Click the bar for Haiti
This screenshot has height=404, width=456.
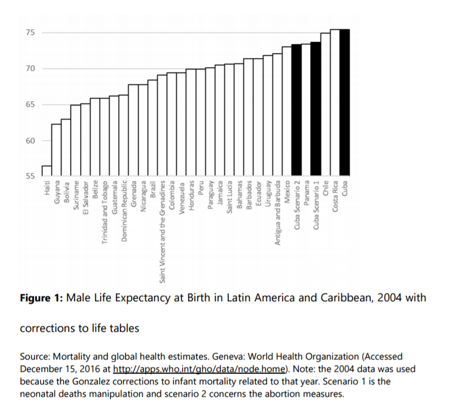point(46,171)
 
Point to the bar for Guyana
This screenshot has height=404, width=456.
point(56,150)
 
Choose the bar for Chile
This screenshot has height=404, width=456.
point(325,105)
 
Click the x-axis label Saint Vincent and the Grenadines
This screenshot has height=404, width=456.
point(162,231)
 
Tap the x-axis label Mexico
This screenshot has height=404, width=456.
point(287,192)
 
